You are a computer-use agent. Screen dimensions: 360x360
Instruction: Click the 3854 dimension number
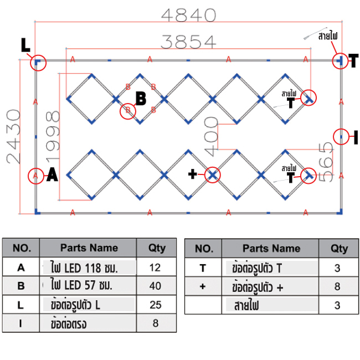click(x=188, y=41)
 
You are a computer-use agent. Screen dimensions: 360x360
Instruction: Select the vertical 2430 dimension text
click(x=13, y=136)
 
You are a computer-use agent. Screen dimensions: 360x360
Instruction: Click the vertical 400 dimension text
click(x=211, y=143)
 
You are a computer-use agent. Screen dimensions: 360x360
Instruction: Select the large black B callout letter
click(x=141, y=99)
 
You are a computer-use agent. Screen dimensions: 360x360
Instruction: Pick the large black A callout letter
click(x=52, y=176)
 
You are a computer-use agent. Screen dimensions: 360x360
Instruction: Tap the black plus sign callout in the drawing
click(x=192, y=175)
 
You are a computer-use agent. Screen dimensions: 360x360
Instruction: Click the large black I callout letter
click(x=356, y=136)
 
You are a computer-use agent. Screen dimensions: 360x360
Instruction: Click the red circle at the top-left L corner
click(x=38, y=61)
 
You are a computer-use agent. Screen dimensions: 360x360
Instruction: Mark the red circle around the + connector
click(x=212, y=175)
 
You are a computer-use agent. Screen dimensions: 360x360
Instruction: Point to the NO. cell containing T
click(x=203, y=268)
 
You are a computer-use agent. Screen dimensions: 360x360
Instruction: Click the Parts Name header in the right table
click(x=271, y=248)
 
